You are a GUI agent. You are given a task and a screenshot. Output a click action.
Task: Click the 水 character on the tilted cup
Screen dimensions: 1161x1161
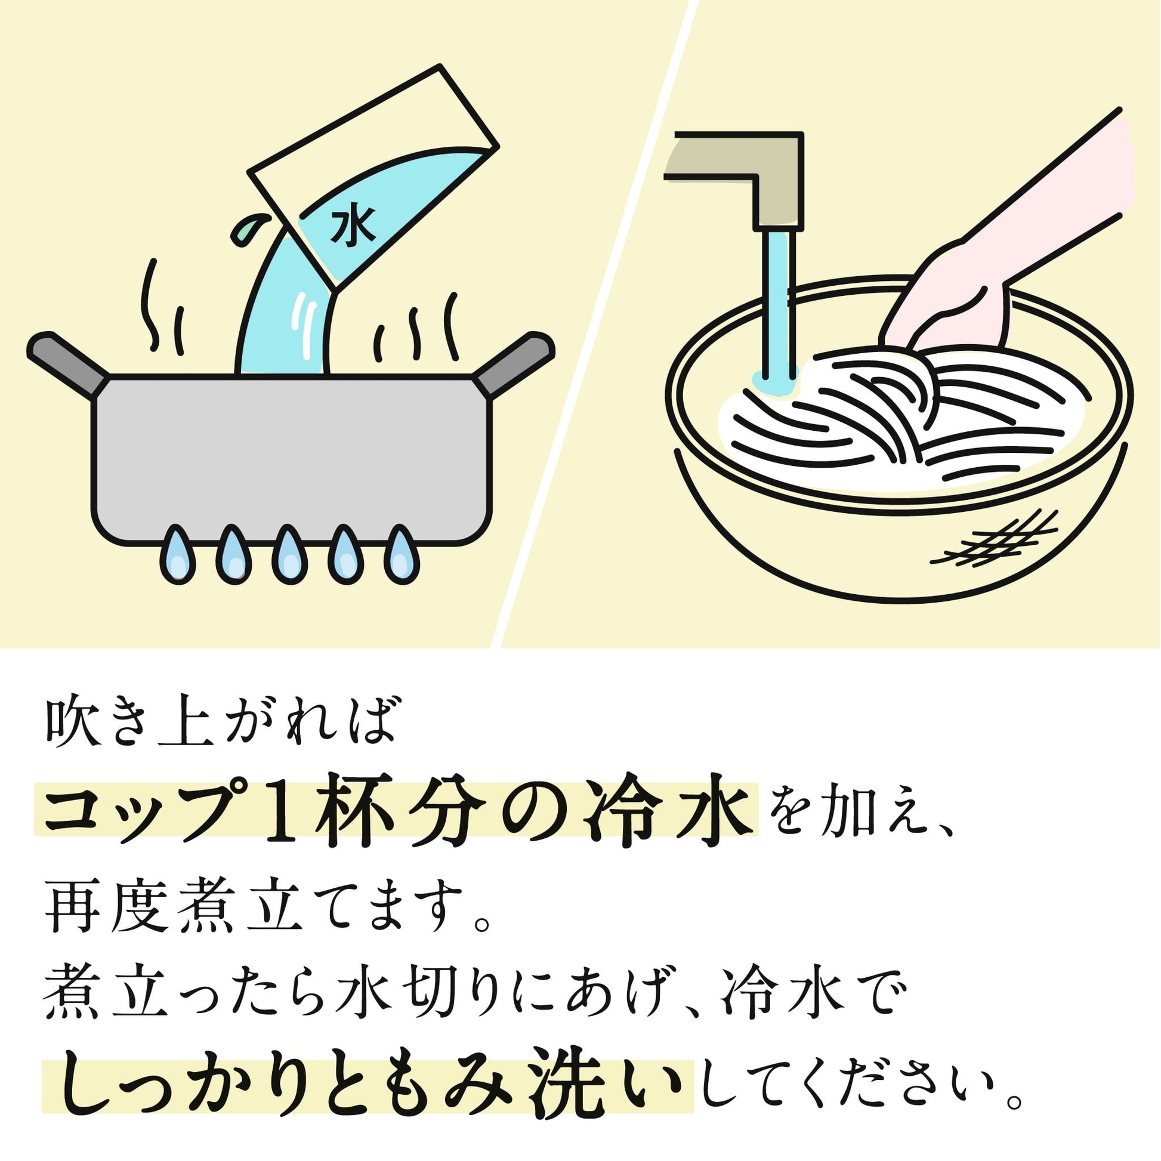(x=353, y=227)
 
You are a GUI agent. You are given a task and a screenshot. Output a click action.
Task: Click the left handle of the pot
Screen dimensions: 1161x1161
(x=67, y=363)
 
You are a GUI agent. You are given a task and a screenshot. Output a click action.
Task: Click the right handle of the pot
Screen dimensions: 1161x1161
(x=514, y=363)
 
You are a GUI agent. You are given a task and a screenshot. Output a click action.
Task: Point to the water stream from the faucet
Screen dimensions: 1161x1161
(x=779, y=307)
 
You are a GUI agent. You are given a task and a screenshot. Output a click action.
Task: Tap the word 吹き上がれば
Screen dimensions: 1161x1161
(x=221, y=721)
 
